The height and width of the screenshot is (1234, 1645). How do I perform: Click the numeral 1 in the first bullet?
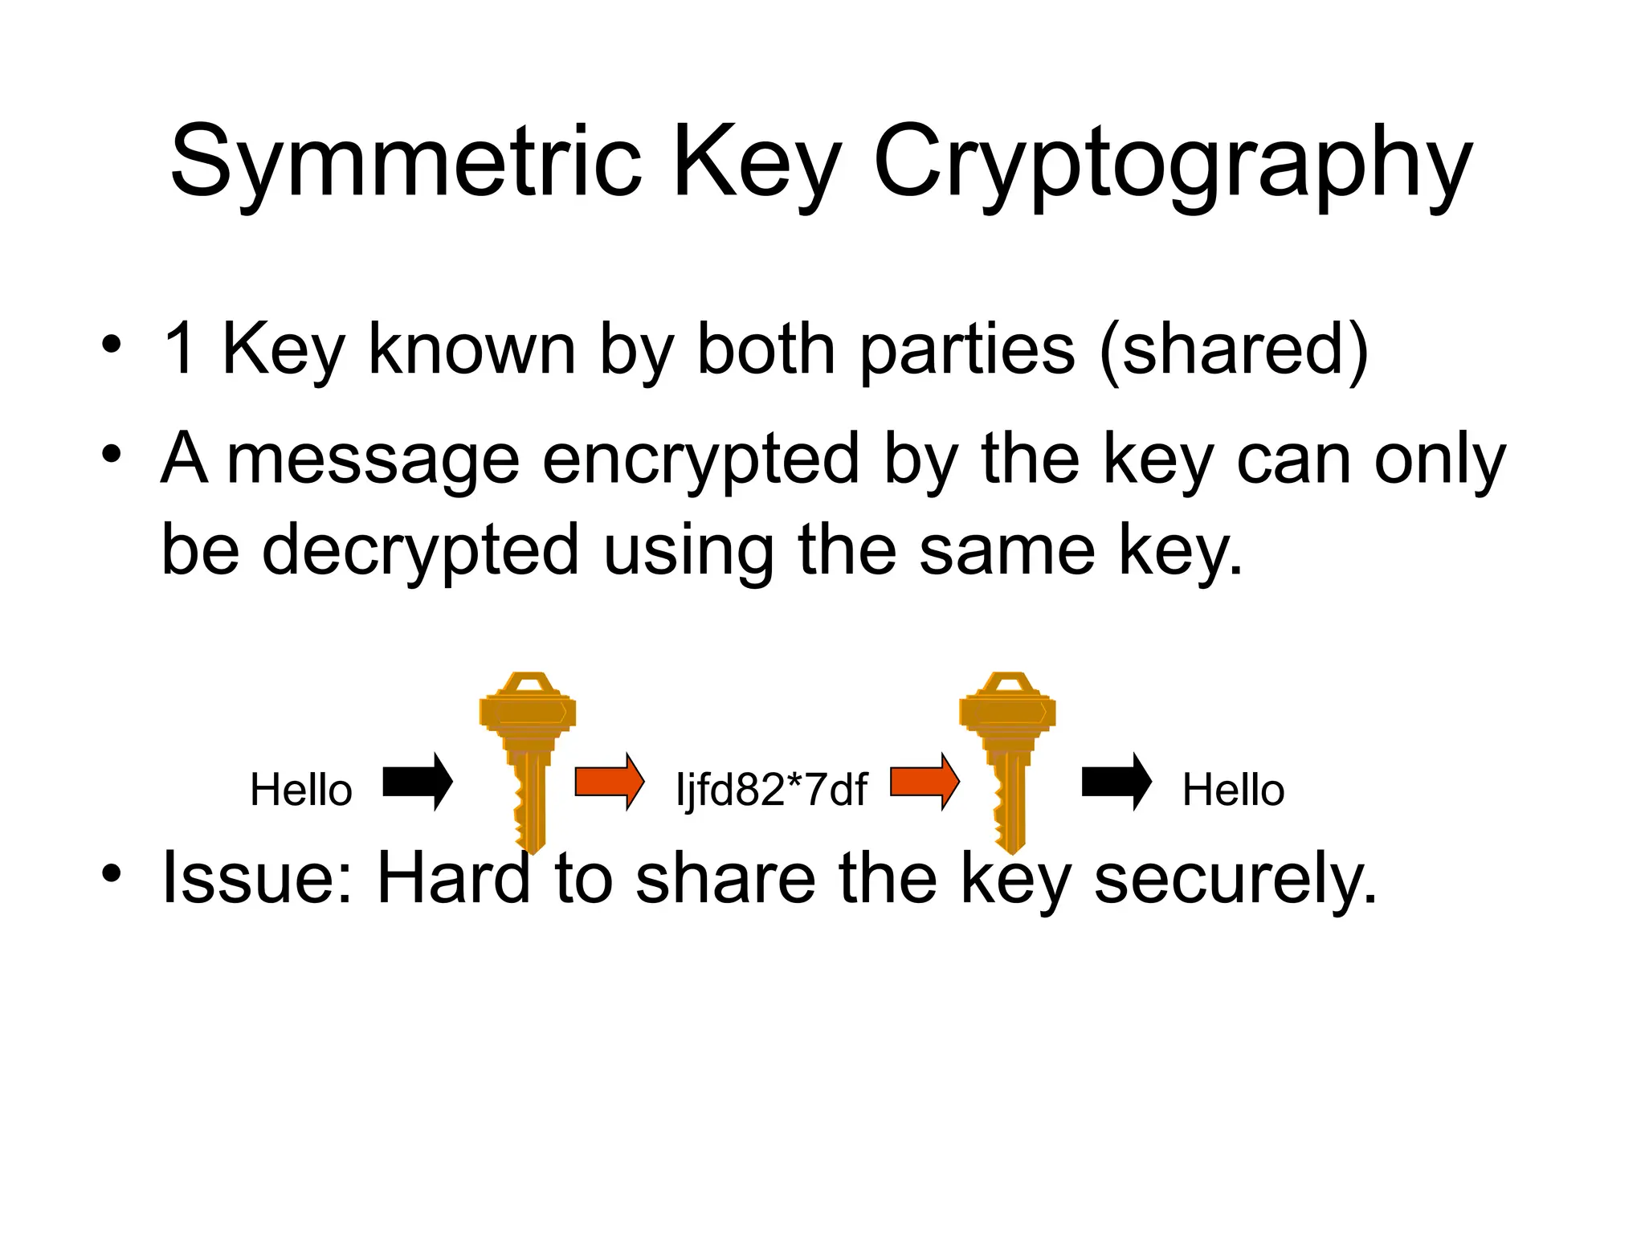pos(179,348)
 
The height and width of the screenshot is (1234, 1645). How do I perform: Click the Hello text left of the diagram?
pos(301,790)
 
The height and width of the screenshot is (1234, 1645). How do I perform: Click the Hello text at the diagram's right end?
pos(1233,790)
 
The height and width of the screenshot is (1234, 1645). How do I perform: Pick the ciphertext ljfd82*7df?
pos(772,790)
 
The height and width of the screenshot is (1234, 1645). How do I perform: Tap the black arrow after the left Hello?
pos(418,782)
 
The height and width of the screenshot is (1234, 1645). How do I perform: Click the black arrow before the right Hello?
pos(1116,782)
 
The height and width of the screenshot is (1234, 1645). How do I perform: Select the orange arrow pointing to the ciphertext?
pos(610,782)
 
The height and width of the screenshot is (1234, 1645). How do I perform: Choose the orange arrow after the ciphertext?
pos(925,782)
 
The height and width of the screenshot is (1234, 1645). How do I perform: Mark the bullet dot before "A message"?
pos(111,455)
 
